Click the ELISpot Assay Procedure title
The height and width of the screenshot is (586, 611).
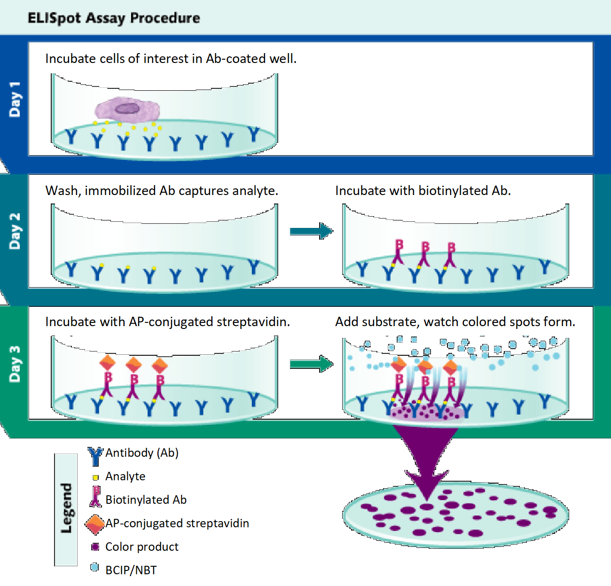click(114, 18)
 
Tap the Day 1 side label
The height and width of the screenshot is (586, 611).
click(15, 99)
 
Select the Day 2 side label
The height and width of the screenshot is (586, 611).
click(15, 231)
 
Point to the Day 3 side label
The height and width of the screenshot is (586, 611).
click(15, 364)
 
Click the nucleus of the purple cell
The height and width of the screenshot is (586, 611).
click(127, 109)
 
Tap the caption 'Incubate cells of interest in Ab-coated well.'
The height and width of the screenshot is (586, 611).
click(171, 59)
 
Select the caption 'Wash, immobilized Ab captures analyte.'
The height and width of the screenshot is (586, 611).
click(162, 190)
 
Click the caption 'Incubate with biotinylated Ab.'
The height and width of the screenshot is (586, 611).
click(423, 190)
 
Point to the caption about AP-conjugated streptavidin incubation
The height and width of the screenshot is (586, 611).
click(168, 322)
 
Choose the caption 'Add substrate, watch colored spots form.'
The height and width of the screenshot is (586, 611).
click(455, 322)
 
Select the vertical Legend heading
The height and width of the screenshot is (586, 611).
click(66, 508)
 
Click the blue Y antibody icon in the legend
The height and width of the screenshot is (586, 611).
click(95, 455)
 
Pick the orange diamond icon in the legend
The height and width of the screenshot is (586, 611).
click(95, 524)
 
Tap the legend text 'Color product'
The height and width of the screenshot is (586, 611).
click(142, 547)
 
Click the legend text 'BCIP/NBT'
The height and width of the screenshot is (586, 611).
click(131, 570)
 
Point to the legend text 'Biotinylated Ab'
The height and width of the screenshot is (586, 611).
click(146, 500)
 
